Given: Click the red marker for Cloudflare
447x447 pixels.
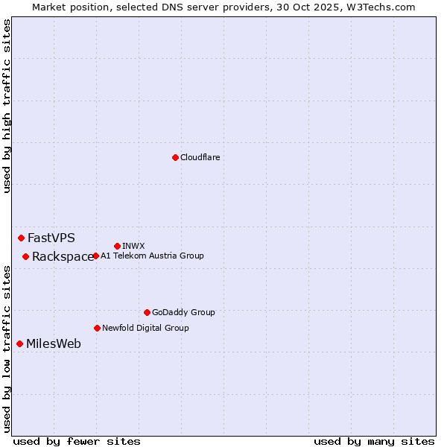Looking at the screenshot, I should (x=175, y=157).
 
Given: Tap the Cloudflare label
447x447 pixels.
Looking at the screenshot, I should (x=200, y=157).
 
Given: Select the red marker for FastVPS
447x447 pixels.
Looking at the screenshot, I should (x=21, y=238).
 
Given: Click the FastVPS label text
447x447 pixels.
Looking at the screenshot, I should (x=51, y=238).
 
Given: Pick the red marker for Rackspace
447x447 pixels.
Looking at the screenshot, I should (x=25, y=256).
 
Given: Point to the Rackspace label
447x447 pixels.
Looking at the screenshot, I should (x=63, y=257).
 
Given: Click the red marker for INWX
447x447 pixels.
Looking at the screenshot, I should (x=117, y=246).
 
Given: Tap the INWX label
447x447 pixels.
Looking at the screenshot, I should (x=133, y=246).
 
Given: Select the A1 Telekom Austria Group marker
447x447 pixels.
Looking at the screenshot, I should (x=95, y=256).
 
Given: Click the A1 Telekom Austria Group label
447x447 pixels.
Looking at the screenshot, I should (x=152, y=256).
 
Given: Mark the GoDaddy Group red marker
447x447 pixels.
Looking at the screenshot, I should (x=147, y=312).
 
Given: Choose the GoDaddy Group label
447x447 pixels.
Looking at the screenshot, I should (x=183, y=312).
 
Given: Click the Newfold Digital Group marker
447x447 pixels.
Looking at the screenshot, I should (x=97, y=328).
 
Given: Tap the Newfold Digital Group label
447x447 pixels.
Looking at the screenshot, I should (x=145, y=328).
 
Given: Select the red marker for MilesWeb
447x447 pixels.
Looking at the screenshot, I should (x=19, y=343).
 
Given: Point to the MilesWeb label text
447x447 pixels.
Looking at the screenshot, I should (x=54, y=344).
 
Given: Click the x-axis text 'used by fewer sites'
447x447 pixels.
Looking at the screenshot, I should (x=77, y=441).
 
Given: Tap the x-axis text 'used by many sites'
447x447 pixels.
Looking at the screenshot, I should (x=374, y=441).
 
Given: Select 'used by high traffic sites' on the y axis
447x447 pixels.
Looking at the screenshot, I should (x=7, y=106).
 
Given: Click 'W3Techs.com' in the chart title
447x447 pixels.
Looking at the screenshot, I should (x=378, y=7).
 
